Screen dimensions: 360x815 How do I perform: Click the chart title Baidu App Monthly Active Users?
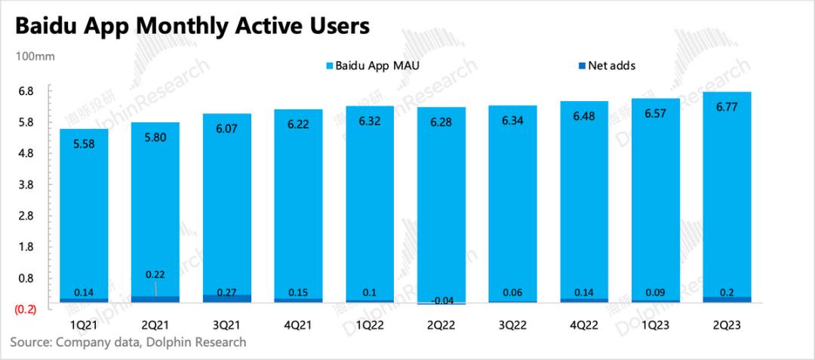pos(192,26)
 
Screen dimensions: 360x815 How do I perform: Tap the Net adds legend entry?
pos(606,66)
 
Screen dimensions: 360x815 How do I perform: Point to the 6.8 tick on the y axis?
pos(26,91)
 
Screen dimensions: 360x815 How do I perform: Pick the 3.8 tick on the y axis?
pos(26,185)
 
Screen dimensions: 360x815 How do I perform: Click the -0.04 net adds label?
pos(441,300)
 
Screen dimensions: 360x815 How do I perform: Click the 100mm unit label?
pos(29,57)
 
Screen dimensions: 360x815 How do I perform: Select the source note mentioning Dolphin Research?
pos(128,343)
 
